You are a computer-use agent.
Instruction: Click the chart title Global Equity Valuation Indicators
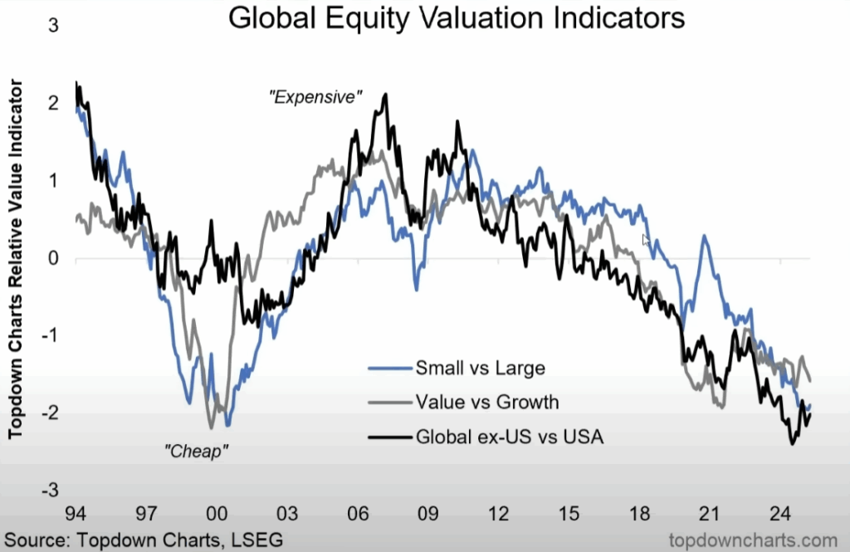[456, 18]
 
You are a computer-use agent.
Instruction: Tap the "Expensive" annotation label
[316, 97]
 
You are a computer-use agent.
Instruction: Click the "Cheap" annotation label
[197, 452]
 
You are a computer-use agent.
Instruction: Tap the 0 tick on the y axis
[54, 258]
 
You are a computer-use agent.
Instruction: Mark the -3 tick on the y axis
[51, 491]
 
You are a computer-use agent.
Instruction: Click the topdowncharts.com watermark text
[743, 540]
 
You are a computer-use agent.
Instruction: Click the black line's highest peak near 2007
[385, 95]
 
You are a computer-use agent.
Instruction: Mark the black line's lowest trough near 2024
[792, 444]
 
